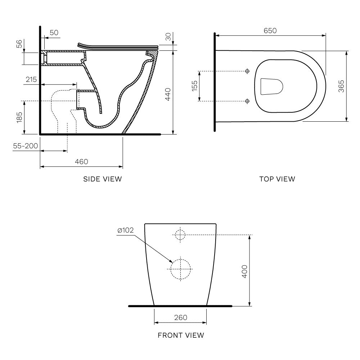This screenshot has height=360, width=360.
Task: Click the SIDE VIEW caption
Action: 103,179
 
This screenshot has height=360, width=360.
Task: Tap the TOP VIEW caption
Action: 277,179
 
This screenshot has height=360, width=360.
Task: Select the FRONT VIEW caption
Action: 181,335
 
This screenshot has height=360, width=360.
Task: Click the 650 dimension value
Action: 270,31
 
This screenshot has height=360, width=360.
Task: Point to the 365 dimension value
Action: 341,86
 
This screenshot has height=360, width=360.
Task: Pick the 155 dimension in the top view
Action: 194,86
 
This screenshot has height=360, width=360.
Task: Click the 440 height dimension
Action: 167,94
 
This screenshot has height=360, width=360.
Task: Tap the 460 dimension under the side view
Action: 81,162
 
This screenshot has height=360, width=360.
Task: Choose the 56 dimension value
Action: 19,44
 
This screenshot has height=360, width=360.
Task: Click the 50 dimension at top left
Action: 54,33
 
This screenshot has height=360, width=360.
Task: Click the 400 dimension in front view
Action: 244,271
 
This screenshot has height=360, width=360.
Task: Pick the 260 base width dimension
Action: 180,317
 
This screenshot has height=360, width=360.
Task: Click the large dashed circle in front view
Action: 180,269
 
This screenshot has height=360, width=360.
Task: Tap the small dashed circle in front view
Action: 180,235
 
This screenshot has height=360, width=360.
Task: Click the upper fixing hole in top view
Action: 247,71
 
